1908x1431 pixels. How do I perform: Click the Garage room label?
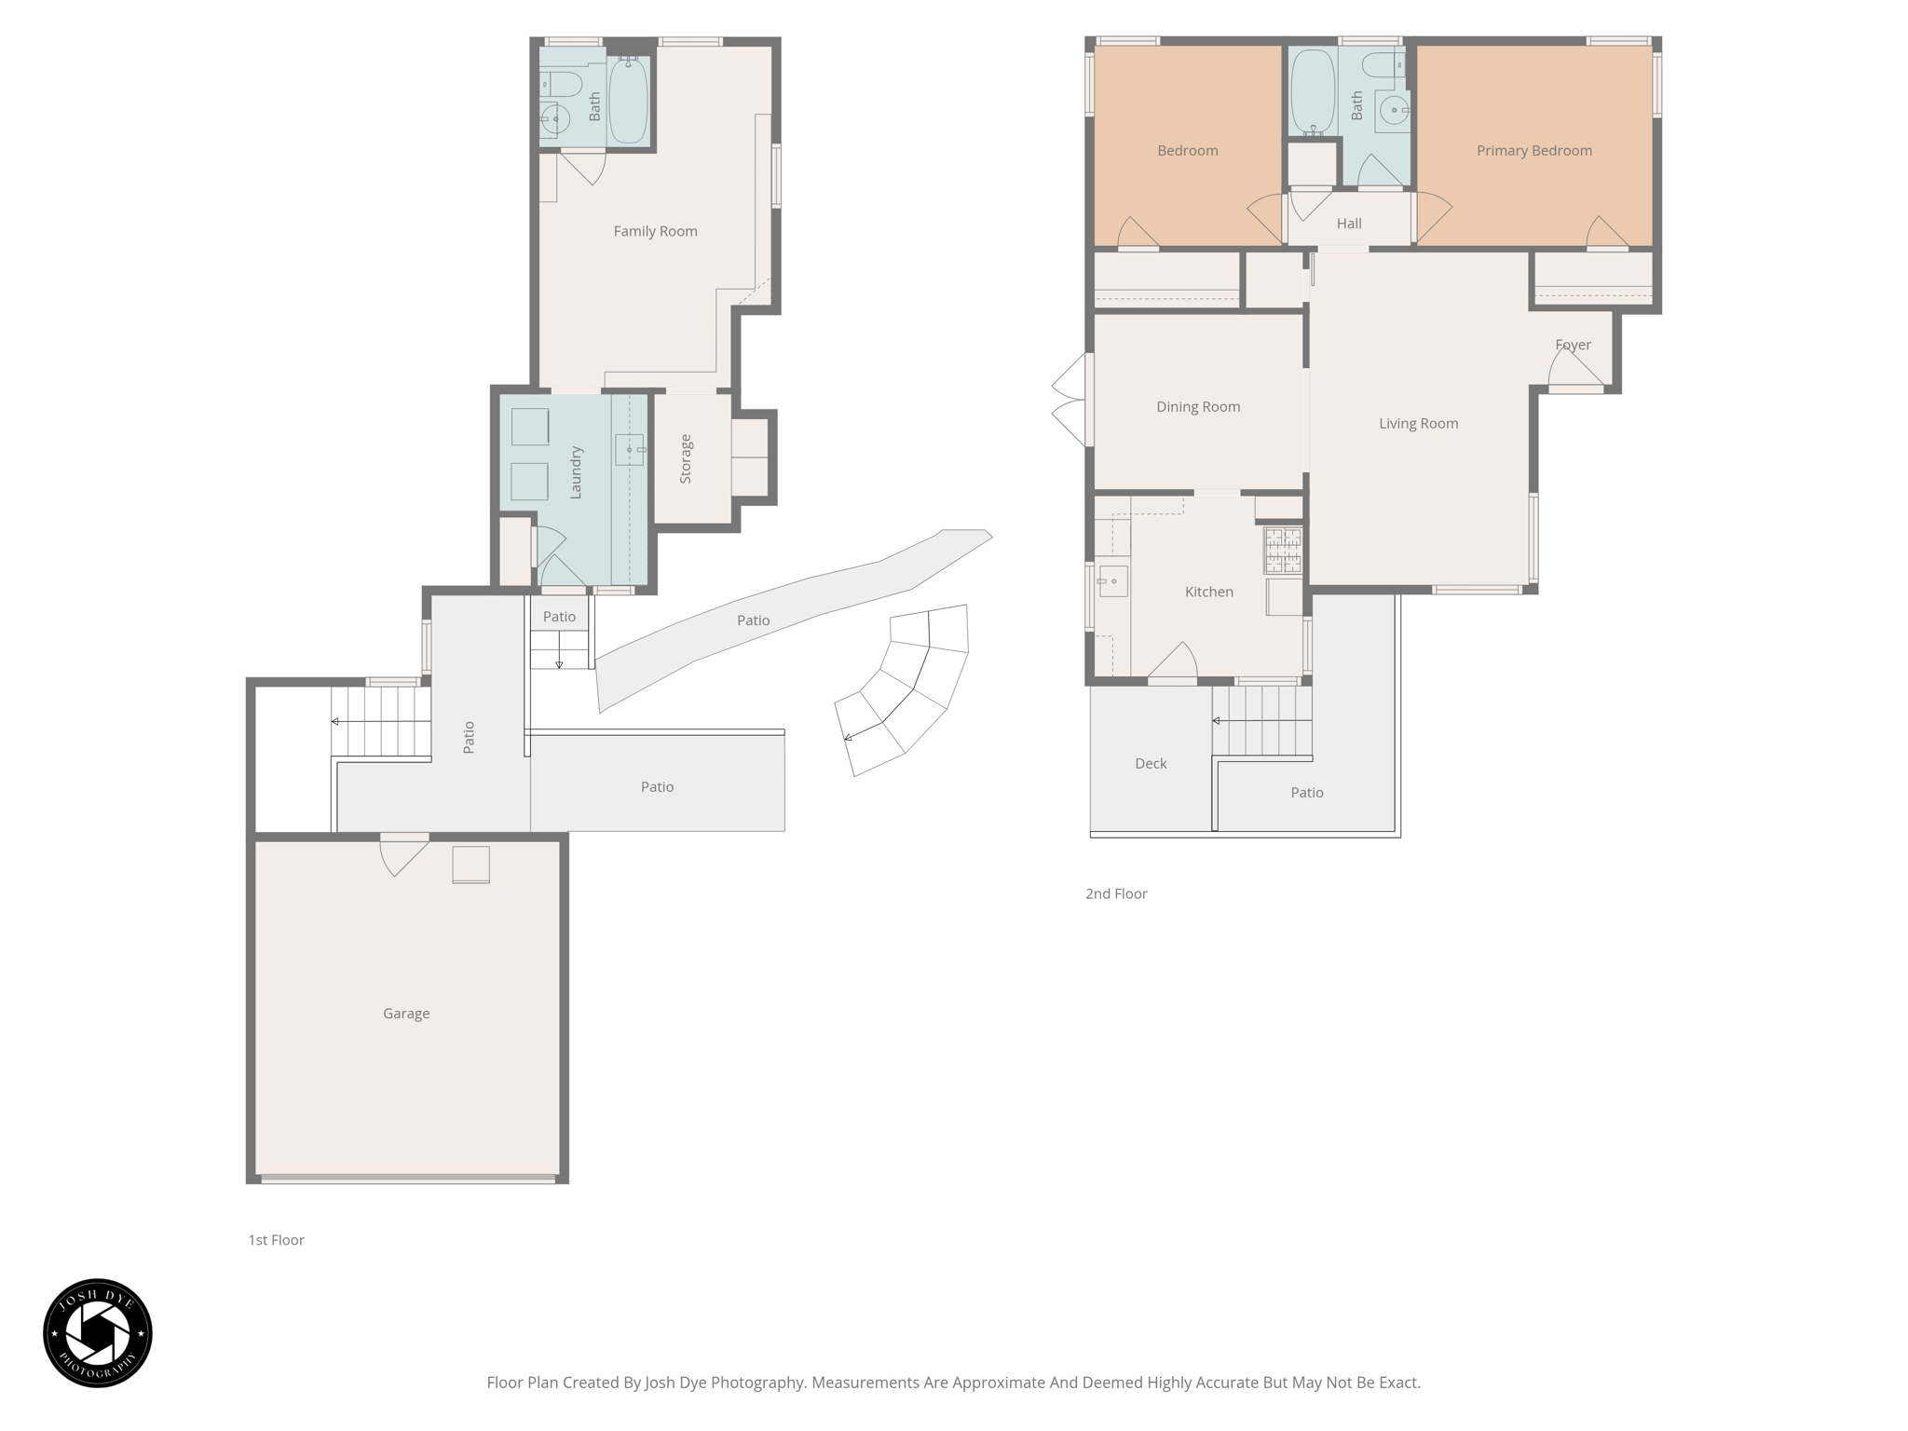click(x=406, y=1013)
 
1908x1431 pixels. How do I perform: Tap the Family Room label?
click(x=655, y=231)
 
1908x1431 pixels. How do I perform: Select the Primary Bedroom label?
click(x=1533, y=150)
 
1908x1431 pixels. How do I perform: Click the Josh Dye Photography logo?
click(x=98, y=1332)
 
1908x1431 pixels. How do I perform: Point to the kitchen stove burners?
click(x=1282, y=550)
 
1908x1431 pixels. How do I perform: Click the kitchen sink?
click(x=1112, y=581)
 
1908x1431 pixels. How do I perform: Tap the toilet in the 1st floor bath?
click(x=563, y=85)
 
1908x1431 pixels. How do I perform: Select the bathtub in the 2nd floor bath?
click(x=1313, y=90)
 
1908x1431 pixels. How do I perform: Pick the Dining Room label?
click(x=1197, y=406)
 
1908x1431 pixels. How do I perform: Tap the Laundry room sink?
click(x=630, y=450)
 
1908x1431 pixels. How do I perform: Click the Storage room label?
click(x=686, y=458)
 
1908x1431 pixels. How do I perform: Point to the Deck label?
click(x=1151, y=763)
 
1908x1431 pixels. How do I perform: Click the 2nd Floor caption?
click(x=1115, y=893)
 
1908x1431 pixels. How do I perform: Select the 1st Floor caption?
click(x=276, y=1240)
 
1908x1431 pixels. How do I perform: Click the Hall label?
click(x=1348, y=224)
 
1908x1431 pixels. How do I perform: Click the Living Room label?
click(x=1418, y=423)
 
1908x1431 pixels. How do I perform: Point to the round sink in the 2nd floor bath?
click(x=1394, y=111)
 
